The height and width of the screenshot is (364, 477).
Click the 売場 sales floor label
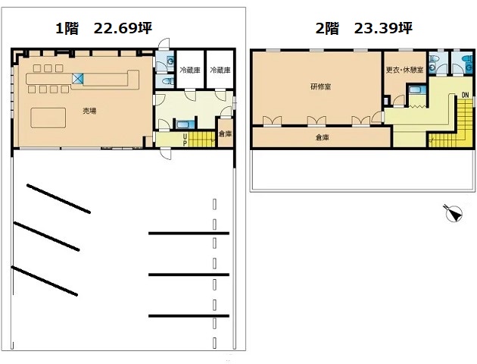coord(90,111)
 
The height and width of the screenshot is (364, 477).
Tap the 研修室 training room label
coord(320,86)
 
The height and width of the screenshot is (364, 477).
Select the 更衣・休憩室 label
coord(404,70)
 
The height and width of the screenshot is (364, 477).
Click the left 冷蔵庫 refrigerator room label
coord(190,70)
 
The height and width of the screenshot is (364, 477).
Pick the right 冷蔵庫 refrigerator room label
coord(220,70)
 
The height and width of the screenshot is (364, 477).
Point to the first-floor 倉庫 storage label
coord(226,133)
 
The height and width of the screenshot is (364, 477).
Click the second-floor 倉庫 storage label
coord(322,137)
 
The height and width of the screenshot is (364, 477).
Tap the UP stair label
coord(185,140)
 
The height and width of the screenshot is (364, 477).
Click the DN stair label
coord(465,95)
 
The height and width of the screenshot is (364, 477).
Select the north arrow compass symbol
coord(454,213)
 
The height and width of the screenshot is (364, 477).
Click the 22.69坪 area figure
coord(123,28)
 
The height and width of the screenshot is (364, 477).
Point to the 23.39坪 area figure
coord(383,28)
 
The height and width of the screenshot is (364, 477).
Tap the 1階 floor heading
coord(67,29)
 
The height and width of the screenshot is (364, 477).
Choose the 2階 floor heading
coord(327,29)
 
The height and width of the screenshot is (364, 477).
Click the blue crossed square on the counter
coord(77,79)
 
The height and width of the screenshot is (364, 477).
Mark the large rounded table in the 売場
coord(48,118)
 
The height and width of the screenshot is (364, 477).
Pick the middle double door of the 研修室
coord(316,121)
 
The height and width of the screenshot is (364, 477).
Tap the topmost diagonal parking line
coord(58,198)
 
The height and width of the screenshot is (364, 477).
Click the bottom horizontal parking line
coord(189,316)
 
